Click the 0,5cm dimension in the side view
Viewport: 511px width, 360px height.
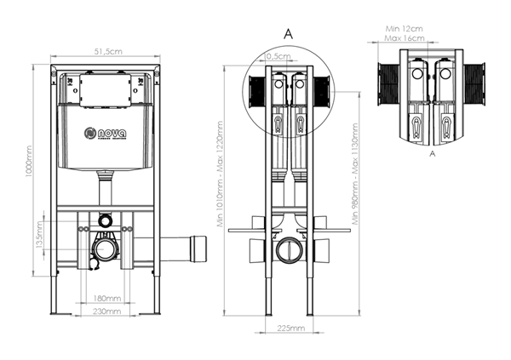pyautogui.click(x=276, y=56)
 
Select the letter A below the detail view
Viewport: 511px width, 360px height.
pyautogui.click(x=433, y=155)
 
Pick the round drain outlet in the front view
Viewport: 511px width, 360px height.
pyautogui.click(x=106, y=249)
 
